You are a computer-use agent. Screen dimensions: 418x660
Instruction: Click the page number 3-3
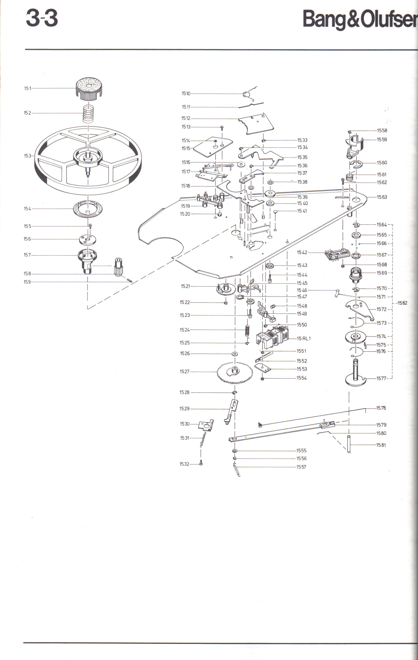42,19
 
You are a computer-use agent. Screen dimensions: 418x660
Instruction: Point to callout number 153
27,156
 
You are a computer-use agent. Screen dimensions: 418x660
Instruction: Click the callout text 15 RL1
304,338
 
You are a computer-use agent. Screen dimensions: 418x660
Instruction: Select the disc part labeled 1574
355,337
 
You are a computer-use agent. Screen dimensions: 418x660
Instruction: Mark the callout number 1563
382,197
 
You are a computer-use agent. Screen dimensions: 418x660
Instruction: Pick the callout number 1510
186,93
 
